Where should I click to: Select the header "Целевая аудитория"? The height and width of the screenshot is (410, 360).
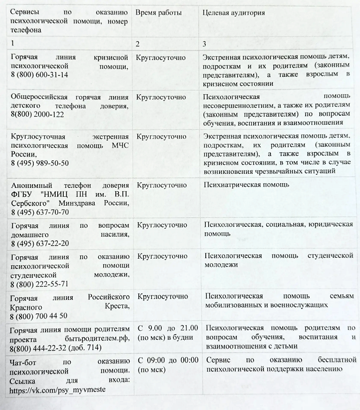[233, 13]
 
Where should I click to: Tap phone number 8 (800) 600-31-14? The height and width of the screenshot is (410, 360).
[39, 75]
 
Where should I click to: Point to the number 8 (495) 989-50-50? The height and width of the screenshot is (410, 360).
[40, 163]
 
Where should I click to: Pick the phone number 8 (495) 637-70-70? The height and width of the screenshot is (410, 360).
[40, 212]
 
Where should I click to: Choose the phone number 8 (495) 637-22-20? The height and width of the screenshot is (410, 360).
[40, 243]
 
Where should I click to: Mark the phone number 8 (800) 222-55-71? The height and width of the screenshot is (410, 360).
[40, 284]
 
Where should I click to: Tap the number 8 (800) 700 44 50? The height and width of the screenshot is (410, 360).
[39, 316]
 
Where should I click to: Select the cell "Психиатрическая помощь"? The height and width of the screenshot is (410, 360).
[247, 185]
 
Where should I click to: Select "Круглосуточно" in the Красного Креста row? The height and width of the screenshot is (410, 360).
[163, 297]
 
